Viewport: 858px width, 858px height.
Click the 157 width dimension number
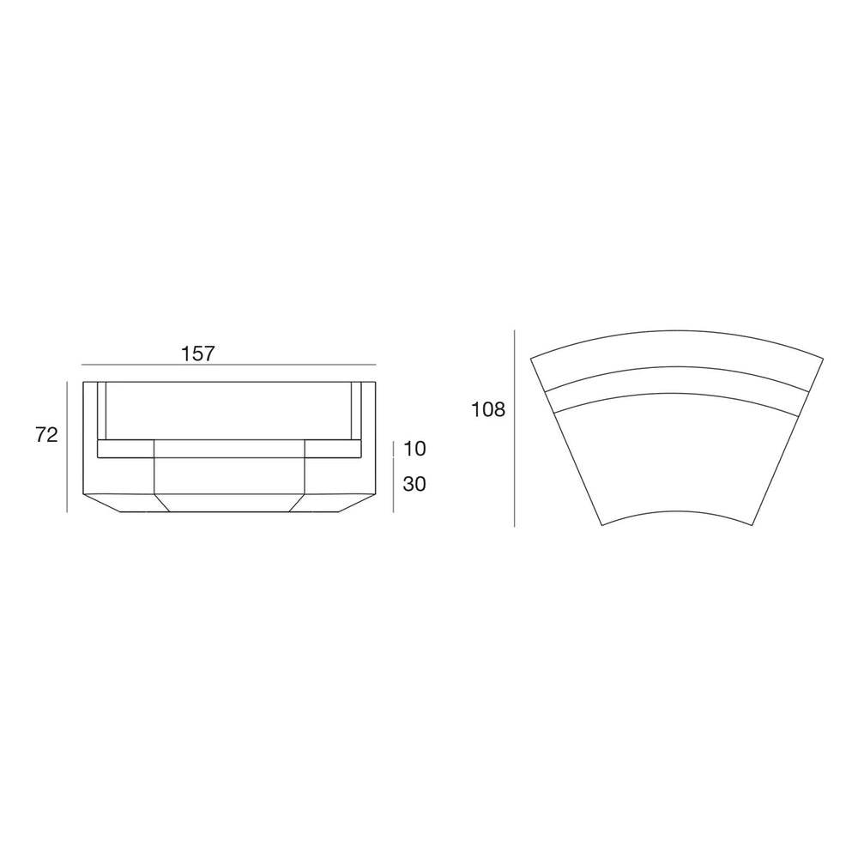tap(198, 354)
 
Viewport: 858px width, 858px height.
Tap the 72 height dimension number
tap(46, 435)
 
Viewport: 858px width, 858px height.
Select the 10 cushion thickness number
tap(414, 449)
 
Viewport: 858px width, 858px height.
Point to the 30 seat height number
tap(414, 484)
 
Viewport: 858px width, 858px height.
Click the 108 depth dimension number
tap(489, 409)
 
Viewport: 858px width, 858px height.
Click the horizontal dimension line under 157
tap(229, 365)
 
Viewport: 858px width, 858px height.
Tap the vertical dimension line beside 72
tap(67, 446)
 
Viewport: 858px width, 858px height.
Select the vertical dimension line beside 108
tap(514, 428)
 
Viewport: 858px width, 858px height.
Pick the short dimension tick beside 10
tap(394, 449)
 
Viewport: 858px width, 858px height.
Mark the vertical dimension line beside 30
tap(394, 486)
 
